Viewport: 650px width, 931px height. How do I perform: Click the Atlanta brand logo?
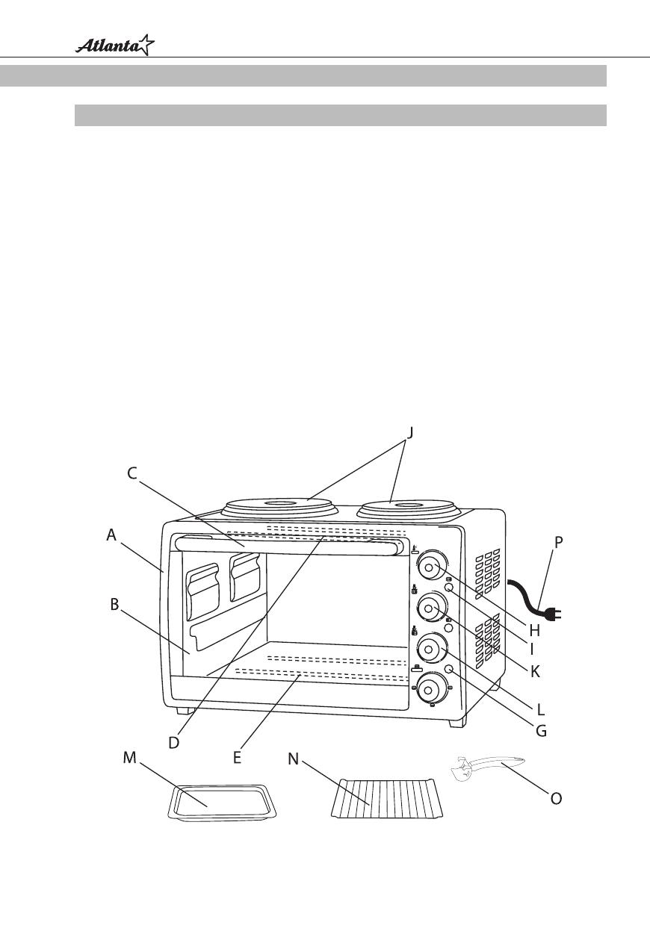(114, 47)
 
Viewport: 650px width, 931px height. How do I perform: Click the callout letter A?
(111, 535)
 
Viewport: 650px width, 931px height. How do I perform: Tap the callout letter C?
(132, 473)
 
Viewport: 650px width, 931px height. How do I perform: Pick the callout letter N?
(294, 759)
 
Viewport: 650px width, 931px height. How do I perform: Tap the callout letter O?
(556, 798)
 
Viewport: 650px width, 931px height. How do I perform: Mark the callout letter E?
(237, 757)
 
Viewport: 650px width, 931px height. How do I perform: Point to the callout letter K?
(535, 670)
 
